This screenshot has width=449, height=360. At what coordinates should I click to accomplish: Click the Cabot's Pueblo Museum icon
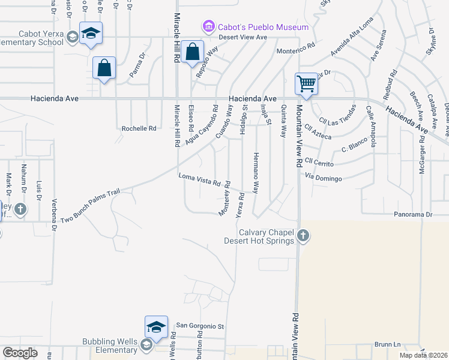(x=208, y=26)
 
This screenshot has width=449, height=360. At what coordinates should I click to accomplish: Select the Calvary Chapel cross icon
(x=303, y=235)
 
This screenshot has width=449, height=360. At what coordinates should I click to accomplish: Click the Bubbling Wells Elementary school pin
(x=156, y=328)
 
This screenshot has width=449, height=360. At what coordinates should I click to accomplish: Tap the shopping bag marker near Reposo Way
(x=193, y=52)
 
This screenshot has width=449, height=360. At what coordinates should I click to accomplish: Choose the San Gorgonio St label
(x=199, y=326)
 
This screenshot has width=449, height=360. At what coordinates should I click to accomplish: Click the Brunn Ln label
(x=387, y=345)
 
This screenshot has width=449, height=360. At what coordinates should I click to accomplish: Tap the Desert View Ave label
(x=243, y=37)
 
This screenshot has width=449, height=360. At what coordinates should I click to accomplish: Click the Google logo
(x=20, y=352)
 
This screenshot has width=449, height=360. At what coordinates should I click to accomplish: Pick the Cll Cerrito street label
(x=319, y=161)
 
